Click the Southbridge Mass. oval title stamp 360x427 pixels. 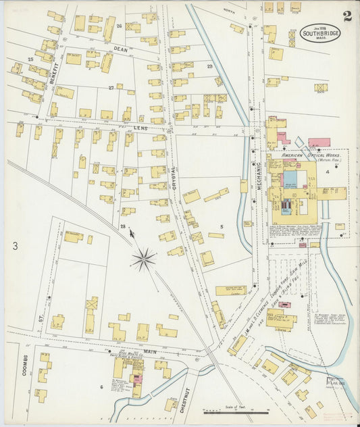pos(320,33)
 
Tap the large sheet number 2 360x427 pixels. pos(346,16)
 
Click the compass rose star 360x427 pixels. pos(143,258)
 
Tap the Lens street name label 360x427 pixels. pos(140,127)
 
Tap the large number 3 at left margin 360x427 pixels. pos(14,247)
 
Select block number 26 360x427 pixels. pos(119,26)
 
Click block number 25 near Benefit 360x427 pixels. pos(30,60)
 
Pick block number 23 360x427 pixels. pos(209,66)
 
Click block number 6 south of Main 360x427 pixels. pos(101,386)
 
